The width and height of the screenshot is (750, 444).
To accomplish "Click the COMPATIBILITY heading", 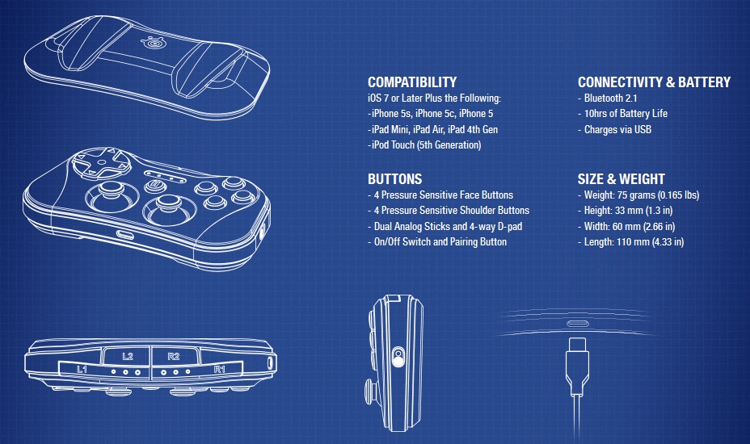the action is click(x=412, y=82).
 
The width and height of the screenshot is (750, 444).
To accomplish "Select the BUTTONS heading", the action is click(x=394, y=179).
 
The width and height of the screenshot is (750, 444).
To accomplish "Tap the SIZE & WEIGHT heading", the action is click(x=621, y=179).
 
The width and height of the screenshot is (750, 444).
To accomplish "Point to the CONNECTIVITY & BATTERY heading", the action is click(x=654, y=82).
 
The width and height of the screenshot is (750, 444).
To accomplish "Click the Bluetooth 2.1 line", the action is click(x=608, y=98).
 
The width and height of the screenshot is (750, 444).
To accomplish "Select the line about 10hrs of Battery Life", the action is click(x=623, y=114).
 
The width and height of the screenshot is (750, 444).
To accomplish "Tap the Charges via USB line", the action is click(x=615, y=129).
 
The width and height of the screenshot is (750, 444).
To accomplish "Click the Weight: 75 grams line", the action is click(x=638, y=195).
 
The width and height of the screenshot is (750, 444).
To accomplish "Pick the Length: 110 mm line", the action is click(x=631, y=242).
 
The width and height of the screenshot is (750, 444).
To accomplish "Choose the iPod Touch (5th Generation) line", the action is click(x=424, y=145).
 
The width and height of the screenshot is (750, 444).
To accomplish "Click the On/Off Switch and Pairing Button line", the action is click(x=437, y=242).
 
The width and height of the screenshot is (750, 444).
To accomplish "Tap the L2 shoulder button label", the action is click(x=127, y=356).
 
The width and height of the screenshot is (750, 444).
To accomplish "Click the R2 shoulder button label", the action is click(x=174, y=356).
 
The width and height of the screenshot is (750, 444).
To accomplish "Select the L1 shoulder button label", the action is click(x=82, y=369).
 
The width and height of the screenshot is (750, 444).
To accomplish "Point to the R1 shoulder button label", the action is click(x=220, y=369).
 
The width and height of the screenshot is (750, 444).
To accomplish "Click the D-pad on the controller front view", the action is click(x=101, y=162).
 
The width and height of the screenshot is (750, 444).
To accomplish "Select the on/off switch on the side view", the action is click(x=398, y=357).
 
